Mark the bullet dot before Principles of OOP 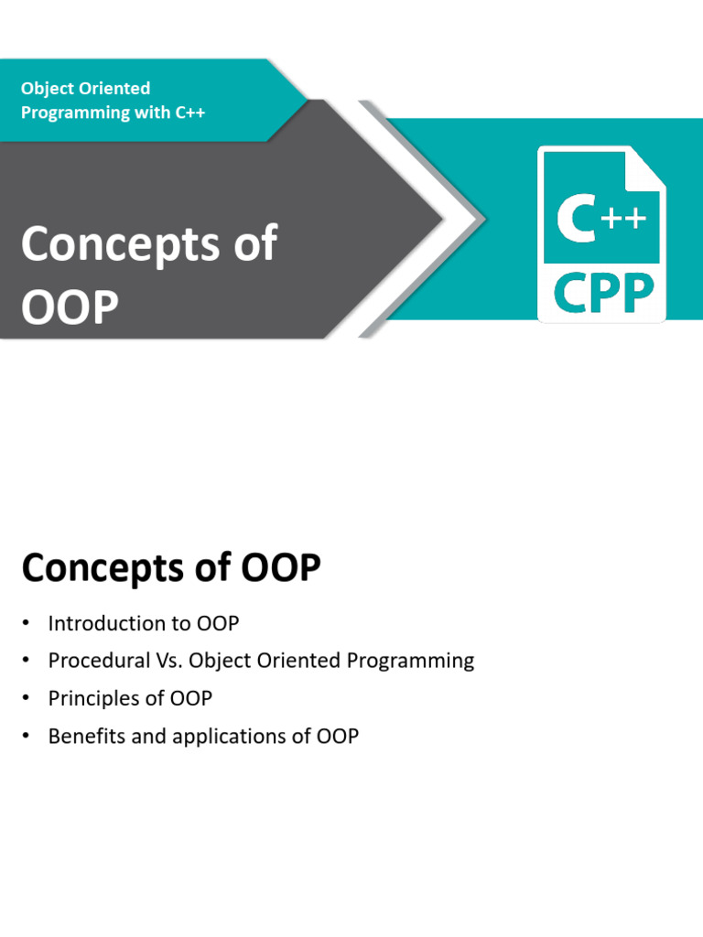[x=28, y=699]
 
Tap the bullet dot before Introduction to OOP [x=28, y=624]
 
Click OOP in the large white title [x=70, y=308]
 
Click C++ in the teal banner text [x=189, y=113]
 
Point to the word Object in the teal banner [x=48, y=89]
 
